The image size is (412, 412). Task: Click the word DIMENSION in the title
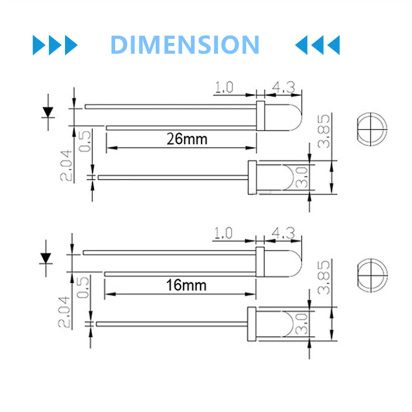tap(185, 45)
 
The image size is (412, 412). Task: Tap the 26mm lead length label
tap(180, 139)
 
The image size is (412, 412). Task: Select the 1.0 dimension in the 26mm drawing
tap(224, 87)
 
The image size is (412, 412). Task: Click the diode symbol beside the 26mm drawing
tap(48, 111)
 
